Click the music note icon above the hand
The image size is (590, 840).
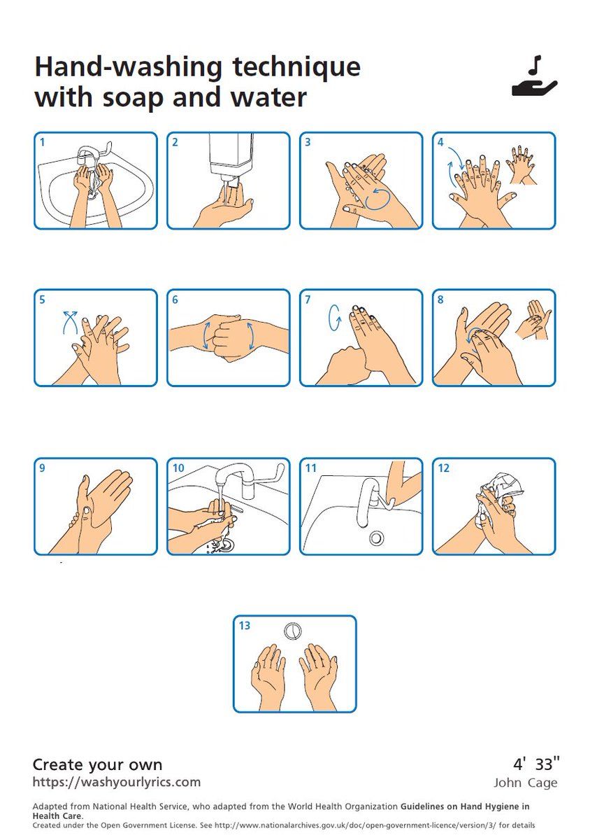tap(535, 65)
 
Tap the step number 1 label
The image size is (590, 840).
tap(43, 143)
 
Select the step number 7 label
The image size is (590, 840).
tap(308, 300)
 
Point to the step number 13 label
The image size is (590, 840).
tap(244, 626)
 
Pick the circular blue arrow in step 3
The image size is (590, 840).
tap(377, 199)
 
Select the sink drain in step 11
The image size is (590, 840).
tap(376, 538)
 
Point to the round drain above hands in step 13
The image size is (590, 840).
tap(292, 631)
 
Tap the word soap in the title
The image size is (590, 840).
tap(133, 98)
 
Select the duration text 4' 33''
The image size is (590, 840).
tap(536, 764)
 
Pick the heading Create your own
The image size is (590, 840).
tap(97, 764)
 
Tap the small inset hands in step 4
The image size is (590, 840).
tap(521, 164)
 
